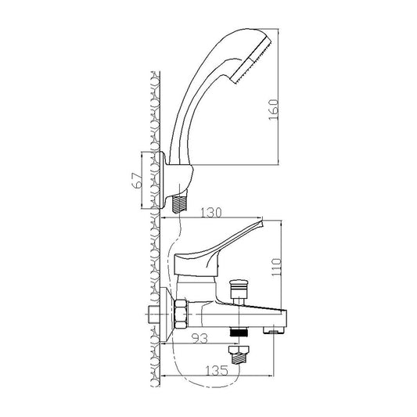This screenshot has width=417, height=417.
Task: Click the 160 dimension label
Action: click(x=274, y=110)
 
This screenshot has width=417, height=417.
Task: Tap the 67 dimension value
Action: click(x=138, y=181)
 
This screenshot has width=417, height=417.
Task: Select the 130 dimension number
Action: click(x=210, y=213)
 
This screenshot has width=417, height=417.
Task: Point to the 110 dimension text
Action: click(x=276, y=267)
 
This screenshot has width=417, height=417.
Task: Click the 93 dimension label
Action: click(x=200, y=338)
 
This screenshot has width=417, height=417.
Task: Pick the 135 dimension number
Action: click(x=217, y=371)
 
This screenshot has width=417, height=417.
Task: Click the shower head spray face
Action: click(x=251, y=62)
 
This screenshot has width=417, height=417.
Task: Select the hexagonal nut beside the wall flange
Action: click(x=181, y=314)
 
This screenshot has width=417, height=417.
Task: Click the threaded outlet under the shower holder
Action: click(x=179, y=203)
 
